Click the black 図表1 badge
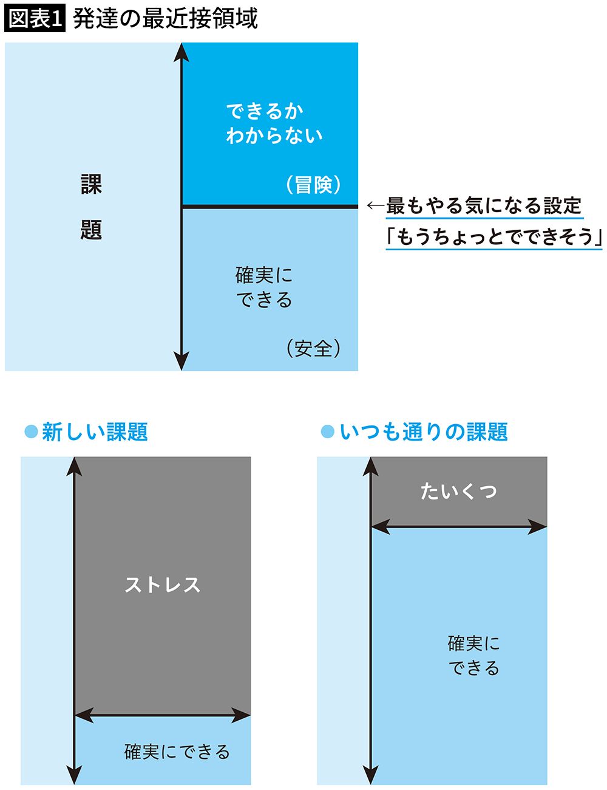(x=35, y=18)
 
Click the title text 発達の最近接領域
(x=165, y=18)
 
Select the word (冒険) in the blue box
(x=313, y=184)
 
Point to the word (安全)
(x=313, y=348)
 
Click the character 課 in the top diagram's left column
(x=91, y=184)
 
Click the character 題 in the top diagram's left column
(x=91, y=230)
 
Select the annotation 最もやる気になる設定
(x=484, y=206)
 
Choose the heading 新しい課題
(x=95, y=432)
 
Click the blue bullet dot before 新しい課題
(x=30, y=432)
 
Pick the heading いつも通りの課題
(x=423, y=432)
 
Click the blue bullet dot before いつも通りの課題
(x=327, y=432)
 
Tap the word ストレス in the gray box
(x=162, y=585)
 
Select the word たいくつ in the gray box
(x=459, y=491)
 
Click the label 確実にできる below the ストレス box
(x=177, y=752)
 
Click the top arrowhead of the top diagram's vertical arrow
(x=181, y=52)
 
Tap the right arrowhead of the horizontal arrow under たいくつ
(x=539, y=527)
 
